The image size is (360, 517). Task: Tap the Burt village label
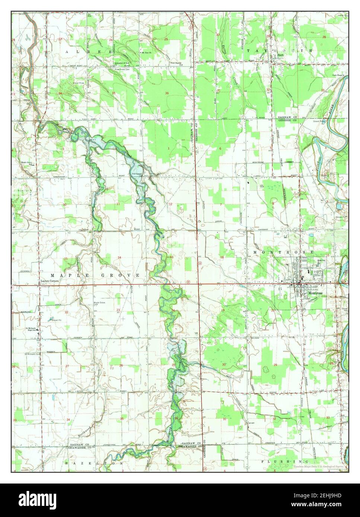click(x=280, y=57)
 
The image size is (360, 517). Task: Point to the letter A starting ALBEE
click(x=67, y=52)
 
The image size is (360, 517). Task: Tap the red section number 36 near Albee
click(x=167, y=93)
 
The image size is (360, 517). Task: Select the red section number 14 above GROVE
click(x=120, y=258)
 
